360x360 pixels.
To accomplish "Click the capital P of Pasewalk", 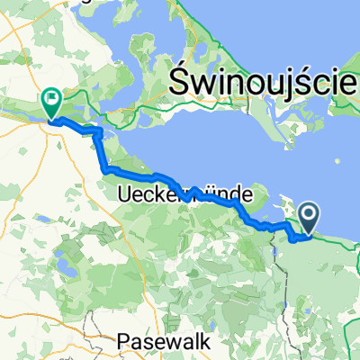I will pos(124,342).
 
